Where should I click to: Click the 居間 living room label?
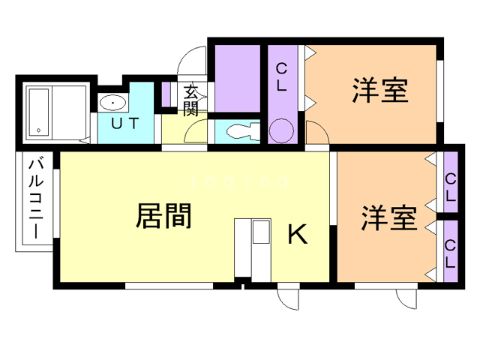[163, 217]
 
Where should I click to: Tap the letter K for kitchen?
[298, 235]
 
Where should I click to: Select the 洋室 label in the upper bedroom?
[380, 91]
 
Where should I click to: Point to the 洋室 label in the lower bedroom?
[388, 218]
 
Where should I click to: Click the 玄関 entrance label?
[190, 101]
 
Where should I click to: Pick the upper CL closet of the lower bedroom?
[451, 187]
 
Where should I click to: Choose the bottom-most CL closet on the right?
[451, 253]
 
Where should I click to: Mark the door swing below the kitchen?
[288, 297]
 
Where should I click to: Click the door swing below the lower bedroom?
[409, 296]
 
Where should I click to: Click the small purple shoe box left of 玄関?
[166, 94]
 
